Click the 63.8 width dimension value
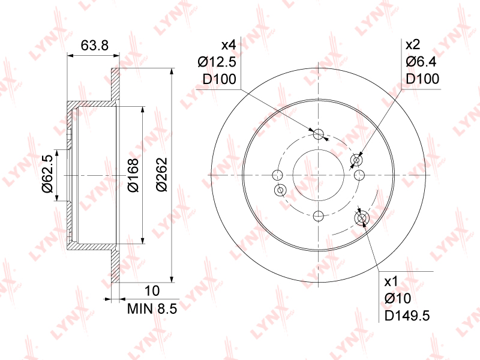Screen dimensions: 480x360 point(95,46)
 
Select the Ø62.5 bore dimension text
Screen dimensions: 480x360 point(48,173)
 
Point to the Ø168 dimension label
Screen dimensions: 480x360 point(133,175)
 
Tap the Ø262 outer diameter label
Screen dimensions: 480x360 point(162,175)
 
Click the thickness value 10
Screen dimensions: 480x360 point(152,291)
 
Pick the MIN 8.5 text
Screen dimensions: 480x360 point(152,309)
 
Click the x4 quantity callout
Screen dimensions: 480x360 point(229,46)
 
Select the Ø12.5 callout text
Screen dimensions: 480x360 point(217,62)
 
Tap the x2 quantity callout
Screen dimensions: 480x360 point(413,45)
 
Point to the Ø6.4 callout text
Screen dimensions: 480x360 point(421,62)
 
